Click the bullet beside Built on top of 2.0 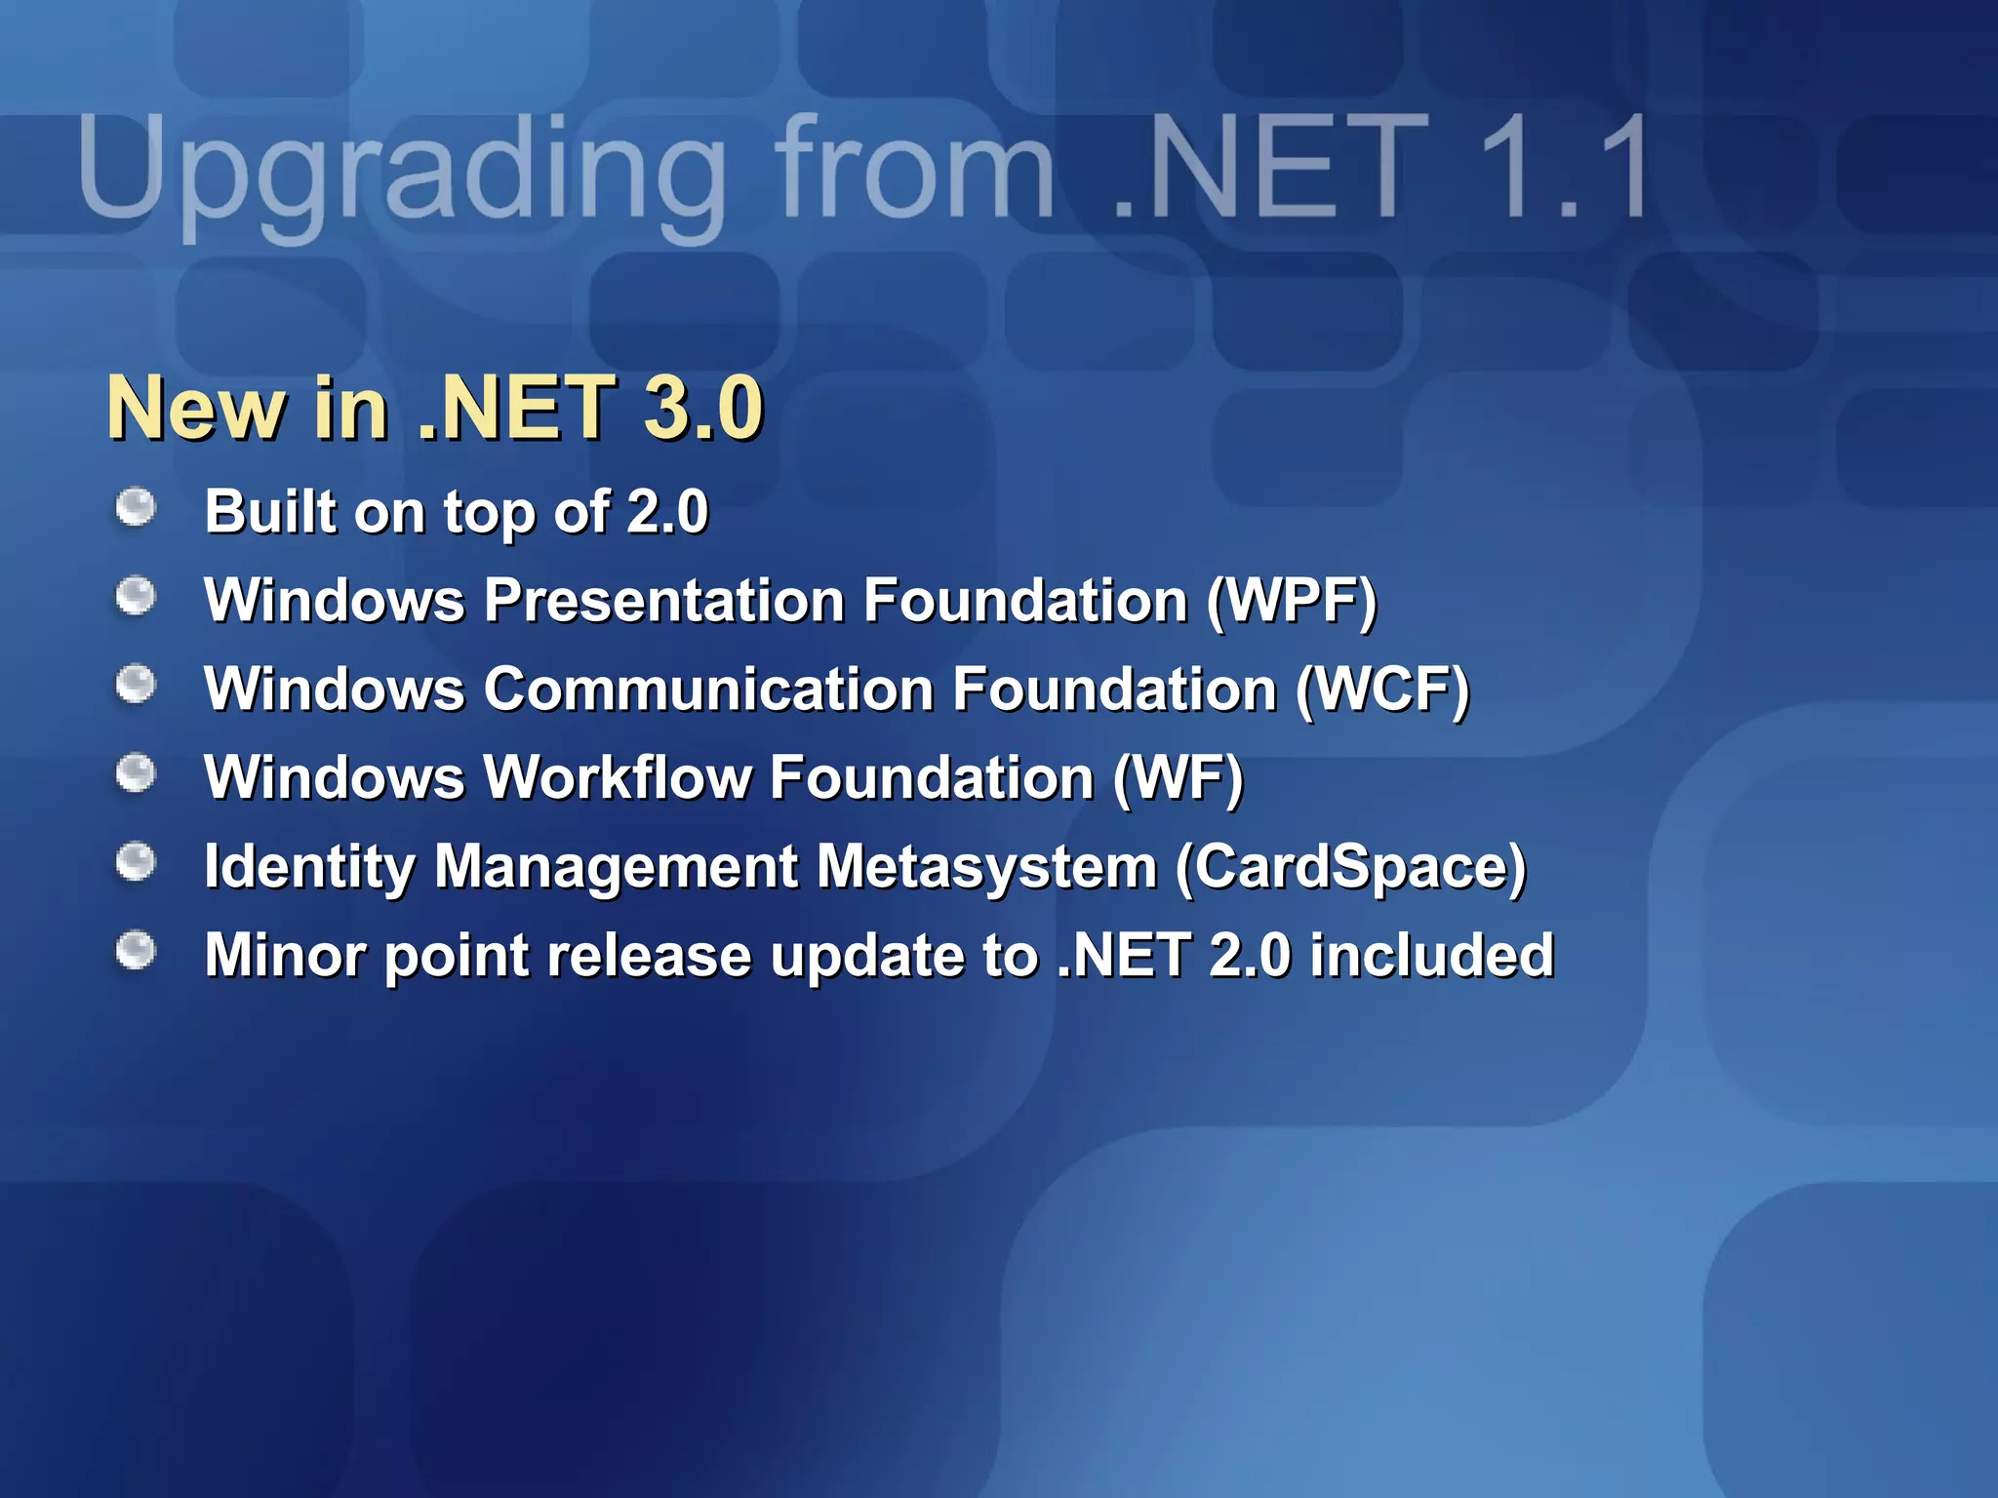(136, 507)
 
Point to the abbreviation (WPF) (1292, 600)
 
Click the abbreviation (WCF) (1382, 690)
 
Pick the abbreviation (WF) (1179, 778)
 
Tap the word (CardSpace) (1351, 867)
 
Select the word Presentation (664, 600)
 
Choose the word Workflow (619, 778)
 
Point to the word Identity (309, 867)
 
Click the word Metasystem (986, 867)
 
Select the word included (1431, 955)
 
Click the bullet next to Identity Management (136, 862)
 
